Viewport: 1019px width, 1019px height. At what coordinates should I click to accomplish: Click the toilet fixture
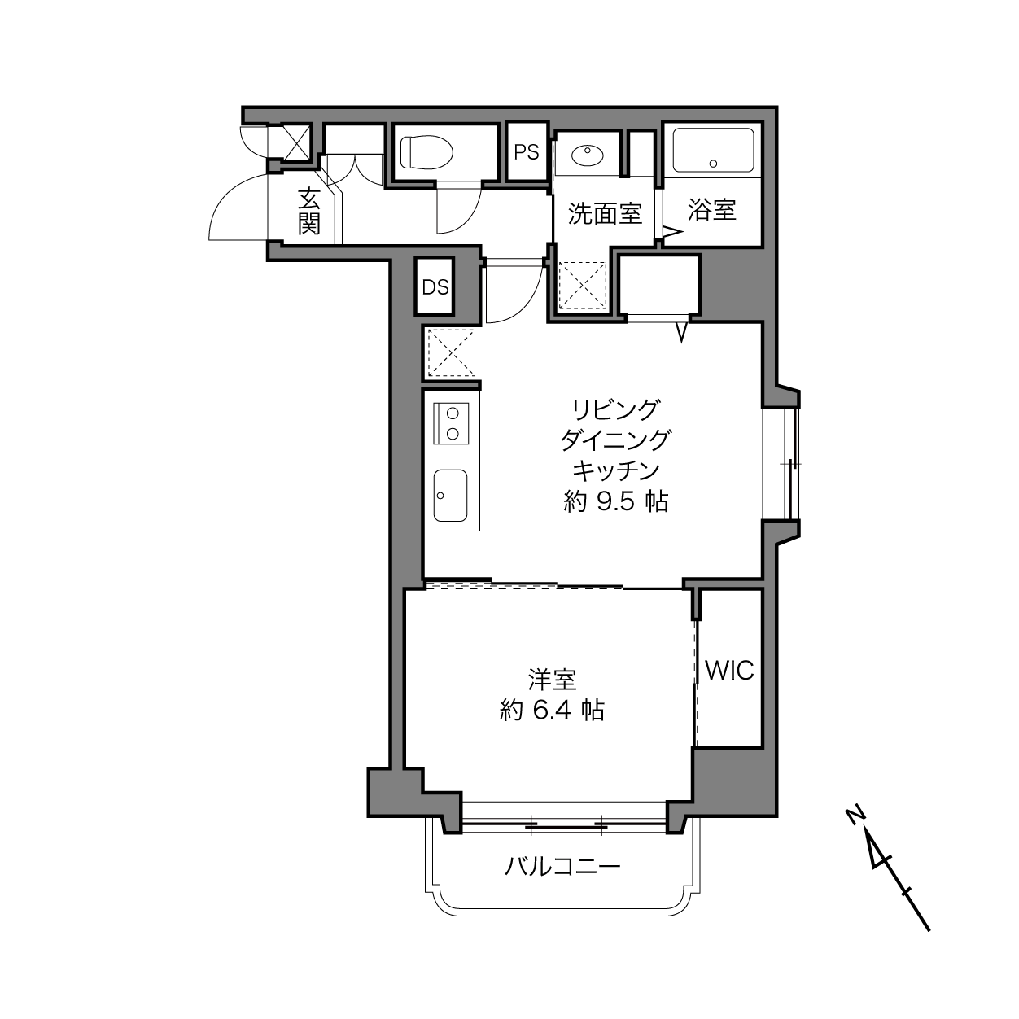pos(426,152)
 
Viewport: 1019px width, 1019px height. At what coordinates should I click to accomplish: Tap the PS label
pos(526,152)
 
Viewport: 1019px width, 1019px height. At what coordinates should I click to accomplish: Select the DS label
pos(435,287)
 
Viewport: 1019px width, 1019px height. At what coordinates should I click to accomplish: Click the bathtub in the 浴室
pos(713,151)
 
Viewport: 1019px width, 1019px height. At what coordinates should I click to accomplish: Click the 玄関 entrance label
pos(308,211)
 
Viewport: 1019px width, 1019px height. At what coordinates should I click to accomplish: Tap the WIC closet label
pos(729,671)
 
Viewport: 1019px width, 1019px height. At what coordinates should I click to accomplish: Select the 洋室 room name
pos(552,680)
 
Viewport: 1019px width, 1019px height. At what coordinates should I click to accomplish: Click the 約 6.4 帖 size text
pos(552,711)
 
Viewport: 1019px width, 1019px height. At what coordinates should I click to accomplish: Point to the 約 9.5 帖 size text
pos(615,501)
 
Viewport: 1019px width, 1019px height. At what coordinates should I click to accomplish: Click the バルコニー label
pos(562,867)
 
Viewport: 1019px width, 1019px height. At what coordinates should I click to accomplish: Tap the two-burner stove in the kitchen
pos(451,423)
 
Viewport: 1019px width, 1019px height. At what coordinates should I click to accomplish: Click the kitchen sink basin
pos(451,496)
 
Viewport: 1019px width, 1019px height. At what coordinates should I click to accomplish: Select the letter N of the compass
pos(855,816)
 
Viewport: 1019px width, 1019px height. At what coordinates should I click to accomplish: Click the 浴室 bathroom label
pos(712,210)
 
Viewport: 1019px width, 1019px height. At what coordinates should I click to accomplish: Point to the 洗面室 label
pos(605,213)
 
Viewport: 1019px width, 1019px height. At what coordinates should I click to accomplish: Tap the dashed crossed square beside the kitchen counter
pos(451,352)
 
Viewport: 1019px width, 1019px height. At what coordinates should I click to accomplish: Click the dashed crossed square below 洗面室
pos(583,286)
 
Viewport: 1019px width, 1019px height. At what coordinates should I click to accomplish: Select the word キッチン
pos(616,470)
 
